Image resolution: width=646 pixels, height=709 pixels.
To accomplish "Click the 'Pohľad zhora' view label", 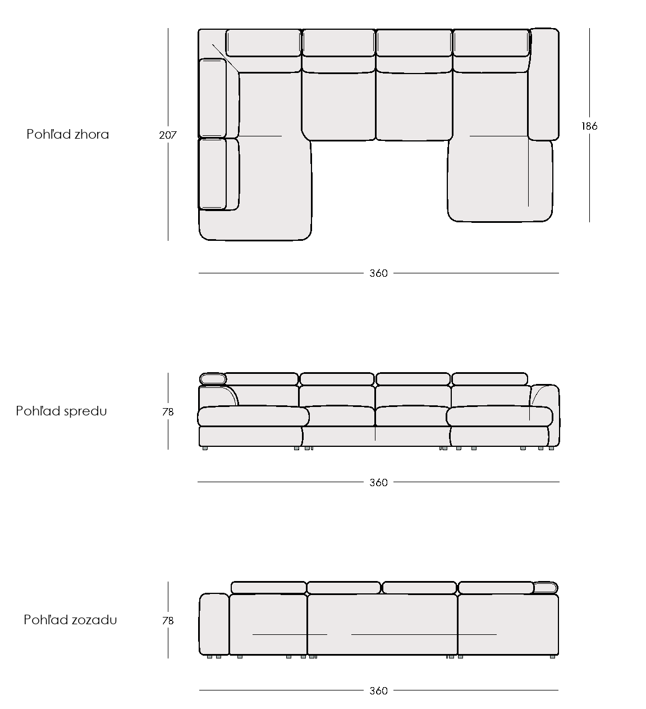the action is [x=67, y=134].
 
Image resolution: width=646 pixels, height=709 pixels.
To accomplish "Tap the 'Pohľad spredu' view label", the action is [x=61, y=411].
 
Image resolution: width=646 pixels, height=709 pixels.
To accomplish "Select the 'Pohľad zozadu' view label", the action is [x=70, y=620].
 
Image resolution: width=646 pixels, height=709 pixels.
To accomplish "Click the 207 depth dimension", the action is [x=167, y=135].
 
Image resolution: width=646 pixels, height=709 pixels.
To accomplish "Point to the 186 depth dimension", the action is [x=589, y=126].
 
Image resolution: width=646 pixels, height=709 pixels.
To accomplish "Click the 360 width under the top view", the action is [x=378, y=273].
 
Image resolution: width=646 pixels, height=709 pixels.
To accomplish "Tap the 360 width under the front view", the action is [x=378, y=482].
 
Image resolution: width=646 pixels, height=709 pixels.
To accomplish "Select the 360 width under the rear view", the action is [x=378, y=690].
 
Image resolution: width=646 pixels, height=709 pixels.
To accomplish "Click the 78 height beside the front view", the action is [x=168, y=411].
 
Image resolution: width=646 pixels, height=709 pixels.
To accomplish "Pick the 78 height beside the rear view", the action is [x=168, y=621].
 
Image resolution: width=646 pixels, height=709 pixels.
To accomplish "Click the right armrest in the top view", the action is [x=543, y=84].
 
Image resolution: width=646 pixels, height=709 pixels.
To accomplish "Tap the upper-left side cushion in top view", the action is [x=212, y=98].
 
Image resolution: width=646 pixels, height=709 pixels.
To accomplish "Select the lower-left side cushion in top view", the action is [x=212, y=174].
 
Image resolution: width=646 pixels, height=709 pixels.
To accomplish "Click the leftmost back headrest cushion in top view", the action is [x=263, y=43].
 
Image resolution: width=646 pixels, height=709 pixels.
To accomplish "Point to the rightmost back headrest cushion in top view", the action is [x=491, y=43].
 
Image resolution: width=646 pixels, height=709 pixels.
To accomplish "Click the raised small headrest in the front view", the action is [x=213, y=379].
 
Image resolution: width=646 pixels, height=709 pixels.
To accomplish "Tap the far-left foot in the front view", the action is [x=205, y=448].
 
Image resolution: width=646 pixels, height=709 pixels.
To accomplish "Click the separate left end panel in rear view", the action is [x=214, y=625].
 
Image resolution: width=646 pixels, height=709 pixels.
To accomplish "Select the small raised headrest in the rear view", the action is [x=546, y=588].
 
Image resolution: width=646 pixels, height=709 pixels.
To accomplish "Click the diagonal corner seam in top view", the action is [x=226, y=59].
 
